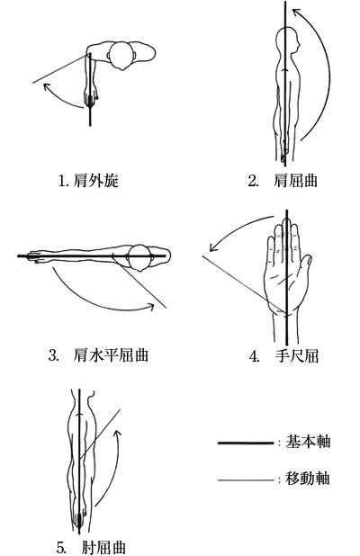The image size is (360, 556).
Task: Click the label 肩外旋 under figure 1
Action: [x=95, y=181]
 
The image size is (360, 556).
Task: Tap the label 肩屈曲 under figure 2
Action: [x=295, y=181]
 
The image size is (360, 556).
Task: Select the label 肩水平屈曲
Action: [x=111, y=354]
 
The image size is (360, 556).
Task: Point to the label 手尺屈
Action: [x=296, y=355]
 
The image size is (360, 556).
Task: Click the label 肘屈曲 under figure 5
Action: [x=103, y=547]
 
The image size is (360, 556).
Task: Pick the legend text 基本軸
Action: [x=308, y=442]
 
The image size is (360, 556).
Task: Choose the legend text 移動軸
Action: [x=308, y=479]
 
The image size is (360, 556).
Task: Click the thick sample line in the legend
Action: [x=246, y=443]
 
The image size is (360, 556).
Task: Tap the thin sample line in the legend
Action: [x=246, y=480]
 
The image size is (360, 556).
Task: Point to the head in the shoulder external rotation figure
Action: [x=121, y=56]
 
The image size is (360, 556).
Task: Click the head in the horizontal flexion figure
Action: [x=140, y=258]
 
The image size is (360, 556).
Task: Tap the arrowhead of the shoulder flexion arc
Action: [x=296, y=13]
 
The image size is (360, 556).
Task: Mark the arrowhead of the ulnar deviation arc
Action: [x=213, y=247]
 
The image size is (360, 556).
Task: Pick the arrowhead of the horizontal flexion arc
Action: [x=150, y=307]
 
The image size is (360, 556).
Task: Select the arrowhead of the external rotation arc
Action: [x=47, y=86]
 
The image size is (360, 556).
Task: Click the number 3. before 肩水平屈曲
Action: [x=54, y=355]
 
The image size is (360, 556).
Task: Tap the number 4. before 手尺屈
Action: [x=255, y=356]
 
